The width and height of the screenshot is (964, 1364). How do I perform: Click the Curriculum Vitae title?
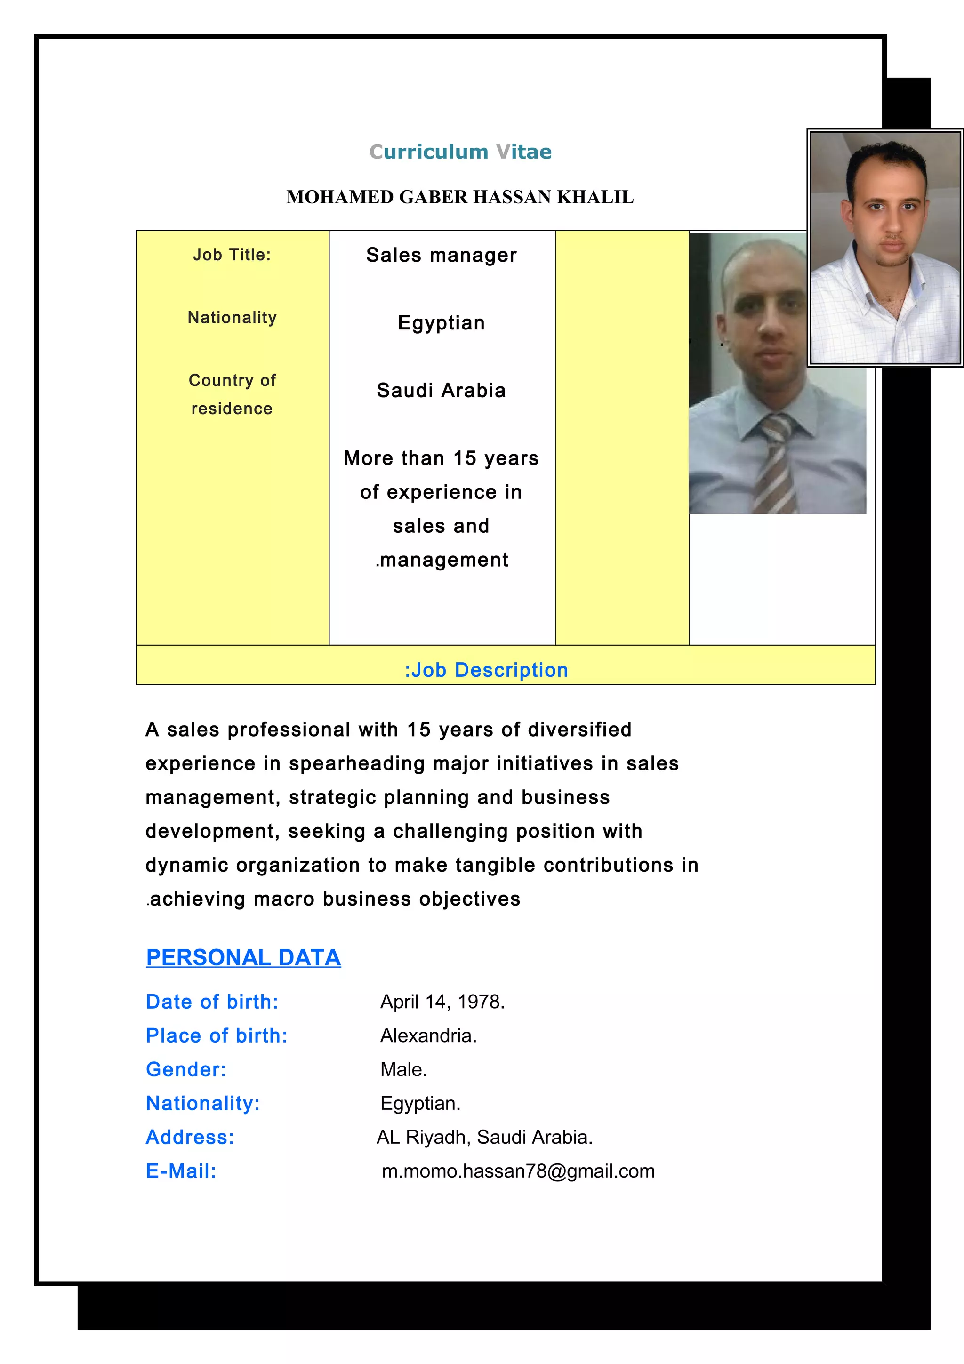pos(460,152)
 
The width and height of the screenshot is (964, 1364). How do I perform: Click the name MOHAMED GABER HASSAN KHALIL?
pos(460,197)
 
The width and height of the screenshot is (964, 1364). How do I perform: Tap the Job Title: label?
pos(232,255)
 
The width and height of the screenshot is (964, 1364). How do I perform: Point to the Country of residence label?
pos(232,394)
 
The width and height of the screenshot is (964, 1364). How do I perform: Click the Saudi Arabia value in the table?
pos(442,390)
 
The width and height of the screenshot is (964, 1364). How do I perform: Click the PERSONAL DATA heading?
pos(243,957)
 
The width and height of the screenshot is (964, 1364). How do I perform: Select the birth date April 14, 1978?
pos(442,1002)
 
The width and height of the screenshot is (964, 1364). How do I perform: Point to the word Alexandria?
pos(428,1035)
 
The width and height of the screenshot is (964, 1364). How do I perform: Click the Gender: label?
pos(186,1069)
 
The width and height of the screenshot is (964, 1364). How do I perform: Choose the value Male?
pos(404,1069)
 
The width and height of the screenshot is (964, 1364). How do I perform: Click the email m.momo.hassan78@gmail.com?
pos(518,1171)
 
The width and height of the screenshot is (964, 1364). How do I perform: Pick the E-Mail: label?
pos(181,1171)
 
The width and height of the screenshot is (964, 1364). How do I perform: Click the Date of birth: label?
pos(212,1002)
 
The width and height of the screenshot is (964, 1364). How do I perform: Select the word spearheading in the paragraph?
pos(357,763)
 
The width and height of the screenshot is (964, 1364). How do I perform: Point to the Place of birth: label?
pos(217,1035)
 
